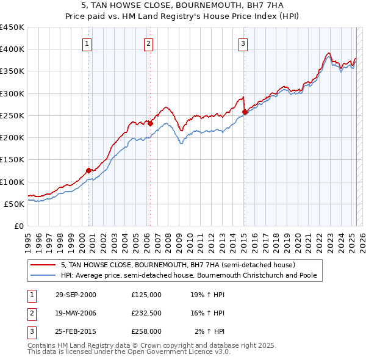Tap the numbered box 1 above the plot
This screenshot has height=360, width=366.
(x=87, y=43)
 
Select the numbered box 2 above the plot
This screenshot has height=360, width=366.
(x=149, y=43)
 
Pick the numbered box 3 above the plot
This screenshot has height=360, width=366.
(x=243, y=43)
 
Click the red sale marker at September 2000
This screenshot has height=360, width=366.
(x=89, y=171)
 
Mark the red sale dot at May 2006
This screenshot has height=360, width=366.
(x=150, y=123)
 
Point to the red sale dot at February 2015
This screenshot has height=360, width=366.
(x=245, y=112)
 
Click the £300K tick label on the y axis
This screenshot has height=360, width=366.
(x=12, y=93)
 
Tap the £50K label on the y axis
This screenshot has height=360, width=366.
(x=14, y=204)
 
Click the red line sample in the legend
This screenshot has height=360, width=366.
(x=43, y=265)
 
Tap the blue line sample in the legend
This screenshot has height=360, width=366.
(x=43, y=276)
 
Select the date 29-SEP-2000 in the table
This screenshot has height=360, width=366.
(x=76, y=294)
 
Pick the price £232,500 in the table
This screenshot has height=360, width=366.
(x=146, y=313)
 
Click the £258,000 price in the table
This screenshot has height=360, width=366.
(x=146, y=331)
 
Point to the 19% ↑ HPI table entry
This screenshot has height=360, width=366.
(x=207, y=294)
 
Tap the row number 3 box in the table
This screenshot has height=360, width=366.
(x=30, y=331)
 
